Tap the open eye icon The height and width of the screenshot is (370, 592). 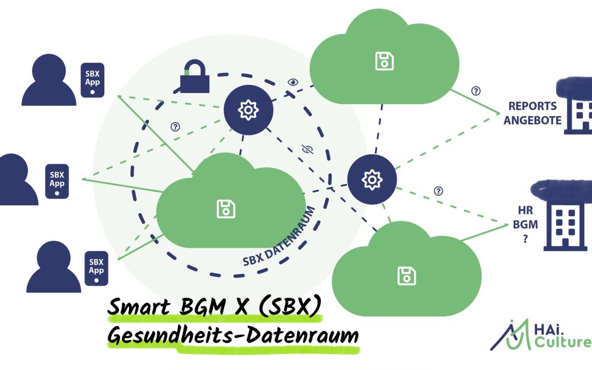pos(293,82)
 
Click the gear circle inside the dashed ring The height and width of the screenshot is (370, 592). pos(248,110)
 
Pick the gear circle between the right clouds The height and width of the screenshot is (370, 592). pos(372,179)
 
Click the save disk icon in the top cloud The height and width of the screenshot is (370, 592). pos(384,60)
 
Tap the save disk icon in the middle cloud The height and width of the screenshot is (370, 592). pos(226,208)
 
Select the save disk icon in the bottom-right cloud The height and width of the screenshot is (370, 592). pos(406,276)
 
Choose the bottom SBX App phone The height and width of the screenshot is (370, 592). pos(96,266)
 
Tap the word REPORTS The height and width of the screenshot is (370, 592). pos(532,106)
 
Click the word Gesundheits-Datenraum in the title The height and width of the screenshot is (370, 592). pos(232,335)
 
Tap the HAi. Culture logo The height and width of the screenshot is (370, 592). pos(540,334)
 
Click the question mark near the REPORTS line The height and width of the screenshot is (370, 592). pos(475,91)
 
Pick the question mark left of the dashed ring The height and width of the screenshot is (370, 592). pos(175,127)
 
